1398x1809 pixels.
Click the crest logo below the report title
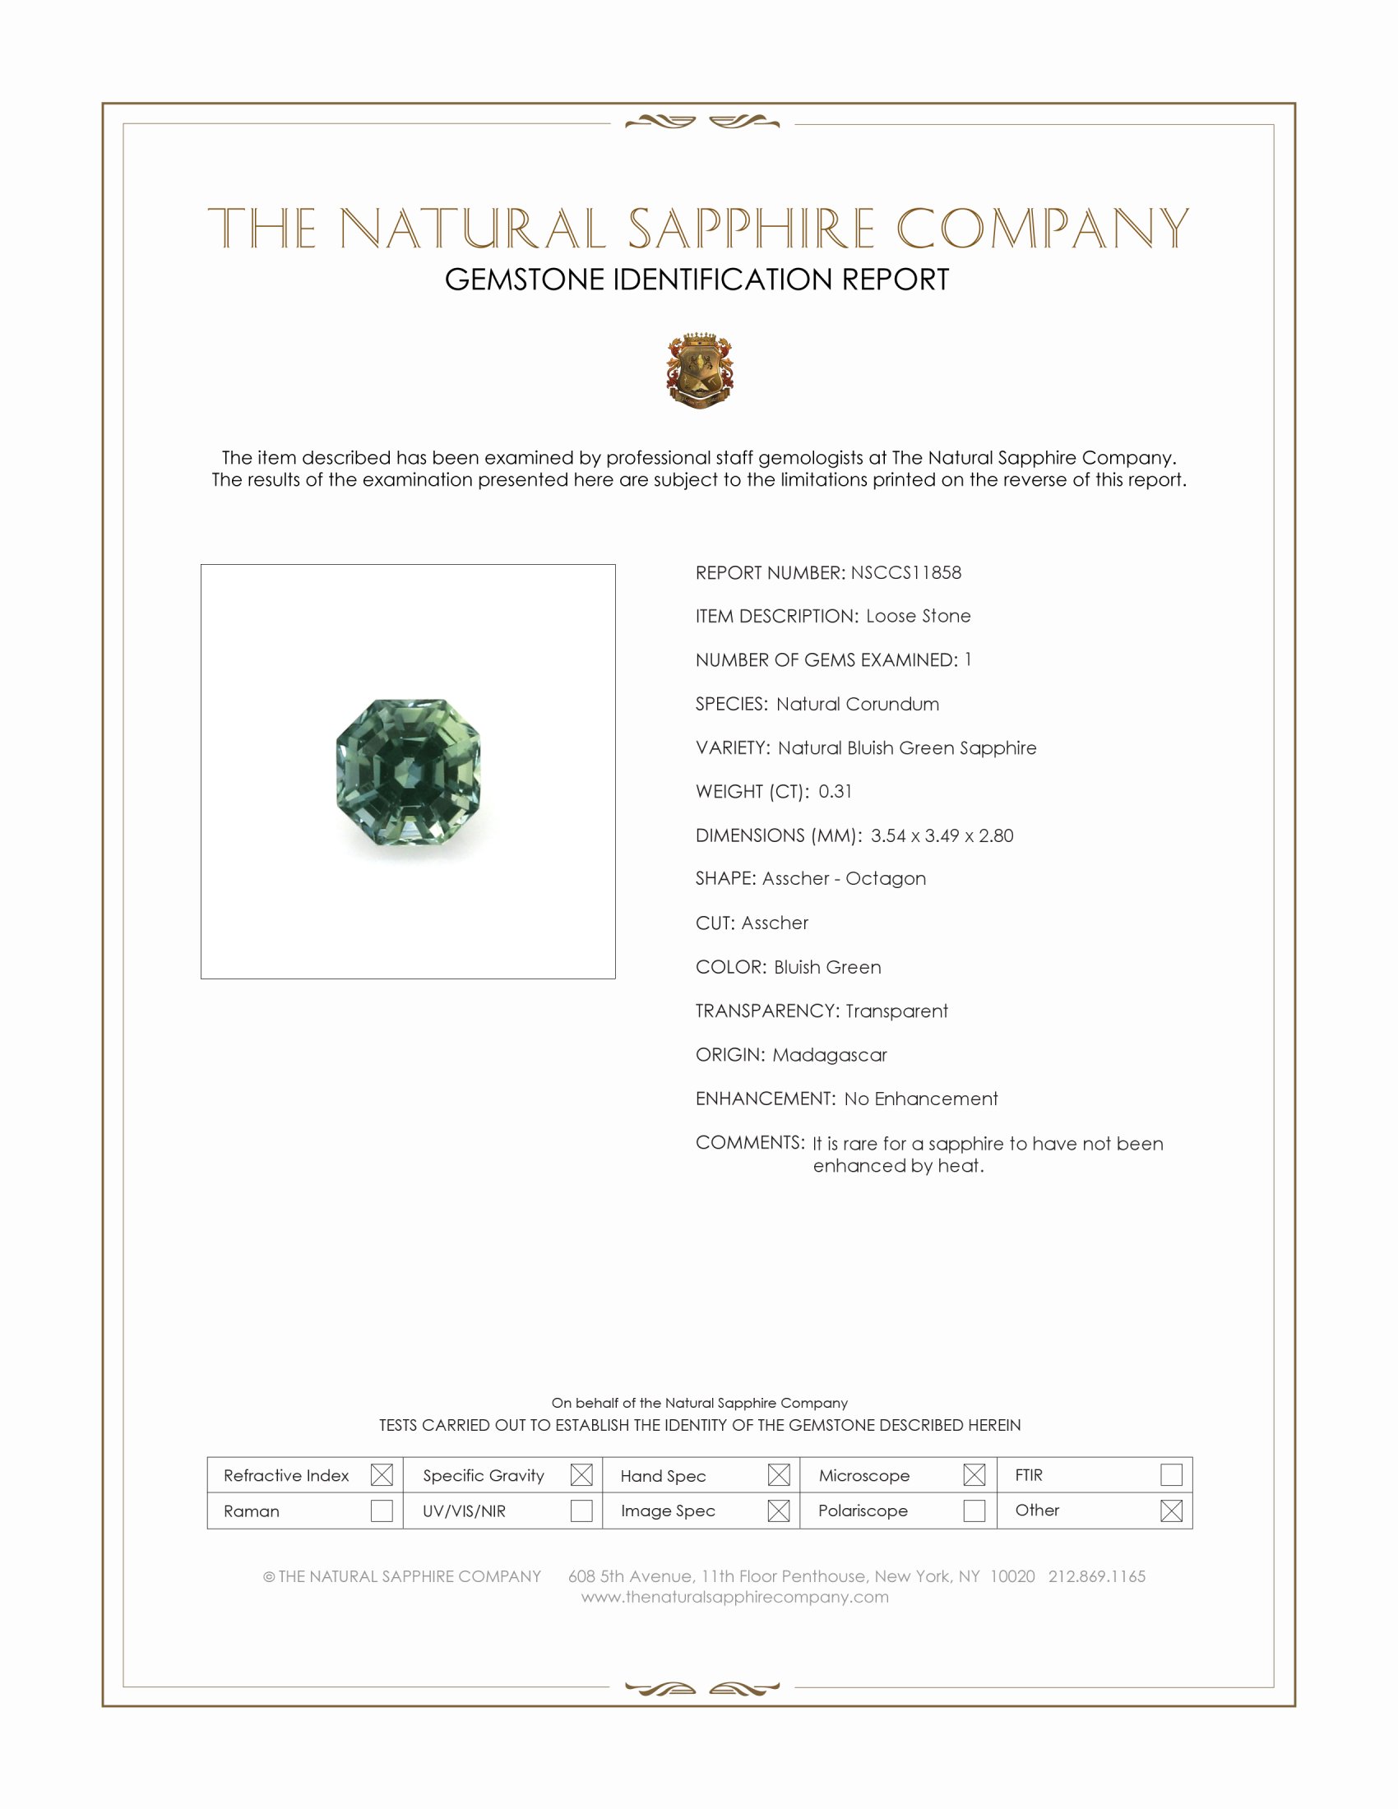700,370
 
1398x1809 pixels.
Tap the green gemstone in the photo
409,772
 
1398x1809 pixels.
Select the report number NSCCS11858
905,572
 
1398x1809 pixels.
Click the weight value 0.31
835,791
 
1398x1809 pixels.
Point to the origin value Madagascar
829,1054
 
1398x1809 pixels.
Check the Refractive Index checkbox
382,1474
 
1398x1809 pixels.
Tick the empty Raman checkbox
382,1511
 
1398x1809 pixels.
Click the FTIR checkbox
1171,1474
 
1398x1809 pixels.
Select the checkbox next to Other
1171,1511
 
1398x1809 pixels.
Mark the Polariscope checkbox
974,1511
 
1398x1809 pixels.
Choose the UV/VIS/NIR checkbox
581,1511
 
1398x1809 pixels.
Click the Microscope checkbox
974,1474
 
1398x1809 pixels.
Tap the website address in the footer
734,1597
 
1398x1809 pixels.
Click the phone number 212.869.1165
1096,1576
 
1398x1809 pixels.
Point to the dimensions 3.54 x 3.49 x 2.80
942,835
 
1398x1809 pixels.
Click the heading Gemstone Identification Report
697,280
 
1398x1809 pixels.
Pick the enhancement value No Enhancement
921,1099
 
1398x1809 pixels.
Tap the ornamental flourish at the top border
701,123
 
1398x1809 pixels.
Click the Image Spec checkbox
779,1511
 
